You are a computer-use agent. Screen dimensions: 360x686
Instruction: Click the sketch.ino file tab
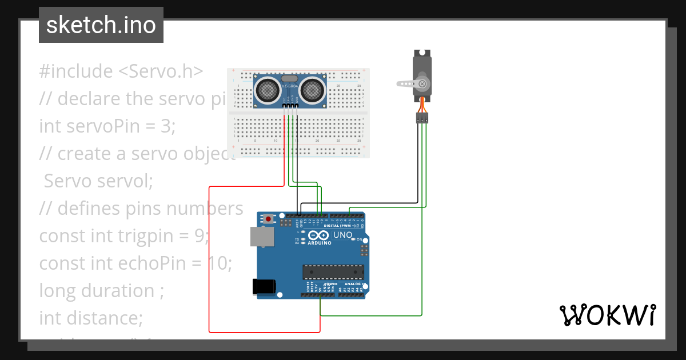tap(101, 25)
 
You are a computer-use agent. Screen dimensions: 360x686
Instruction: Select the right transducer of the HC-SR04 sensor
tap(312, 89)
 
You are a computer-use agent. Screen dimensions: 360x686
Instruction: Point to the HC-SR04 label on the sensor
tap(289, 86)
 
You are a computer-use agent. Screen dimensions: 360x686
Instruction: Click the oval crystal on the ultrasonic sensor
tap(289, 78)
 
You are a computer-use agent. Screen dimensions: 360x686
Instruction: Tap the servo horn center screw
tap(422, 84)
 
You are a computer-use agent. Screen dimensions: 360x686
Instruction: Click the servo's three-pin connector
tap(422, 118)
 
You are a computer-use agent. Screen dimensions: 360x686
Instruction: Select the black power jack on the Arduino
tap(265, 286)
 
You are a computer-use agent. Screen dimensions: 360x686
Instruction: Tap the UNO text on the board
tap(342, 235)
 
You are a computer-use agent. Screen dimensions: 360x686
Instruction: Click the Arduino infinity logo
tap(317, 235)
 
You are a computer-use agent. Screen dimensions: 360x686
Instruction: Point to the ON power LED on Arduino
tap(355, 239)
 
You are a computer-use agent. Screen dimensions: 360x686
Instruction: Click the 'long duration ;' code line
tap(97, 290)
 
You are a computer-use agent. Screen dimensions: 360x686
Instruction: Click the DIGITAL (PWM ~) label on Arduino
tap(341, 226)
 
